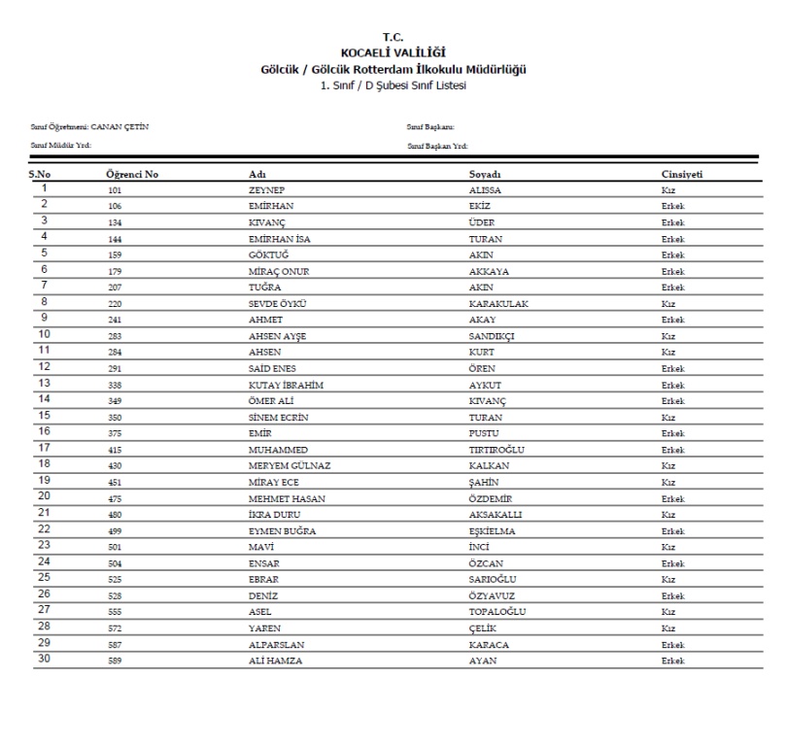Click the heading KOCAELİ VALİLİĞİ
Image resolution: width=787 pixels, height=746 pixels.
[393, 51]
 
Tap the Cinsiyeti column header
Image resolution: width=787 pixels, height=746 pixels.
[682, 174]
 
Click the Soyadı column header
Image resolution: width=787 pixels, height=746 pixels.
[485, 174]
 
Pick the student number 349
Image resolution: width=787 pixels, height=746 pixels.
[116, 400]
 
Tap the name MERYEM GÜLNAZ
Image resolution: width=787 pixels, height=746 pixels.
[290, 465]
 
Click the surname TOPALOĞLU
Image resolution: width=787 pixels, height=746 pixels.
[496, 611]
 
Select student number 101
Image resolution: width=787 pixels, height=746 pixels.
[116, 191]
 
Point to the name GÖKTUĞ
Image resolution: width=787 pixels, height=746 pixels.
[269, 255]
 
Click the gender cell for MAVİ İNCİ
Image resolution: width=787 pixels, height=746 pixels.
[668, 546]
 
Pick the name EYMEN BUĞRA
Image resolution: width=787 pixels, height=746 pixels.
[283, 530]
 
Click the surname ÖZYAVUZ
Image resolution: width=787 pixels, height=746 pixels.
[493, 594]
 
